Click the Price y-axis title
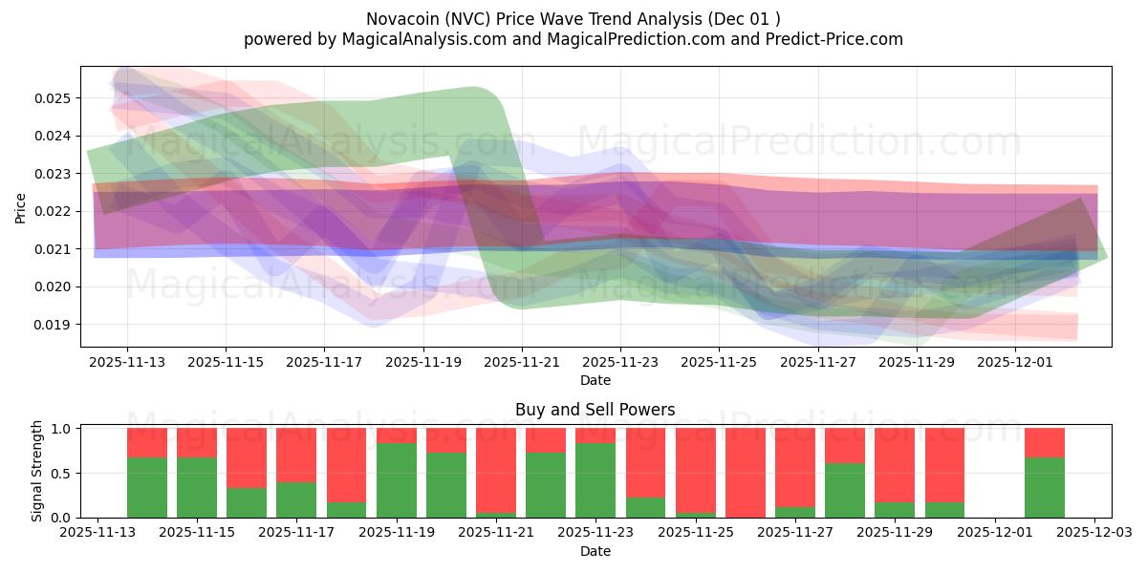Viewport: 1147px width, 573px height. [21, 207]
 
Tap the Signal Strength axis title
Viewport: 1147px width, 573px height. [37, 471]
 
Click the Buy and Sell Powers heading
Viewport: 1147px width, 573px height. [595, 410]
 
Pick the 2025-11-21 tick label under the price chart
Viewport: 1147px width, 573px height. [522, 363]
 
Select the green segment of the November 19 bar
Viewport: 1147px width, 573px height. [396, 480]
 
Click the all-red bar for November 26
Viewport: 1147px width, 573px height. [745, 473]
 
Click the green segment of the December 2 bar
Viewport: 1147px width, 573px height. [1044, 488]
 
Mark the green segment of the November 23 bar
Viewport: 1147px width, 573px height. [595, 480]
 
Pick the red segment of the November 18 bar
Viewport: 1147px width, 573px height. [346, 465]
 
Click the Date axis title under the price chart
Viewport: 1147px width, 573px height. [595, 380]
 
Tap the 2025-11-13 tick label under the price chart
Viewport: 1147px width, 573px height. [127, 363]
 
